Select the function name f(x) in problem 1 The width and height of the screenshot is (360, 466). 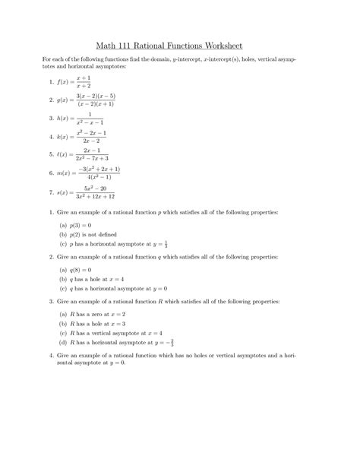click(x=64, y=81)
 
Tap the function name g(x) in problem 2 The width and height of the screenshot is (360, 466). click(x=64, y=100)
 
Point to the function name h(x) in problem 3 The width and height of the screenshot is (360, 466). click(x=64, y=119)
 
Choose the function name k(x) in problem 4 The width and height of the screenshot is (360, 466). click(x=64, y=137)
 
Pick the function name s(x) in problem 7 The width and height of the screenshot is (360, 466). click(x=64, y=192)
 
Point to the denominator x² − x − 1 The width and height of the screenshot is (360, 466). click(x=93, y=122)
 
